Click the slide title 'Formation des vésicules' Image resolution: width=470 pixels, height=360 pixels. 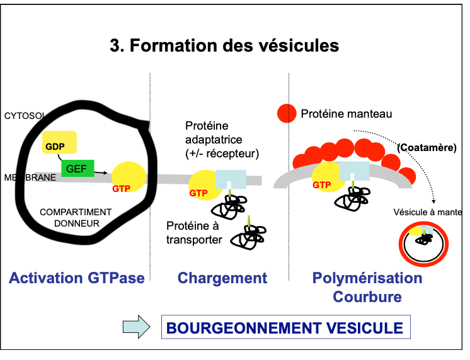(x=224, y=46)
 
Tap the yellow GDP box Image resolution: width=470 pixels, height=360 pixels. (x=59, y=142)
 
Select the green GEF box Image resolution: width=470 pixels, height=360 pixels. (x=77, y=167)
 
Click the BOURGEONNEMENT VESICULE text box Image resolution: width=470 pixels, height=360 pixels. (x=286, y=328)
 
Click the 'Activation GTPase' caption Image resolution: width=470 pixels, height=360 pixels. (x=77, y=278)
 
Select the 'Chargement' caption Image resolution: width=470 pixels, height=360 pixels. (x=222, y=278)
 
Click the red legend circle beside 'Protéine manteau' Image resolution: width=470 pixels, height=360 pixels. (x=286, y=113)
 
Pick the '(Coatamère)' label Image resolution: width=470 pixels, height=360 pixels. (x=427, y=147)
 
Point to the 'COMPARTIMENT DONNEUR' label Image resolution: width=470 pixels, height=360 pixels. (x=76, y=217)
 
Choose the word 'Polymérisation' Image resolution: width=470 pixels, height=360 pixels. (x=367, y=278)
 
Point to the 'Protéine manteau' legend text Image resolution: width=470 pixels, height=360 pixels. (x=347, y=114)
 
